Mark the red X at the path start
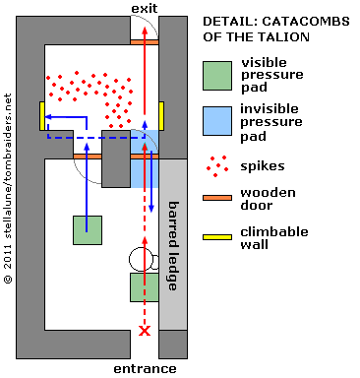pos(145,332)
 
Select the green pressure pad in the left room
pos(88,229)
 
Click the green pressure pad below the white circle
pos(145,287)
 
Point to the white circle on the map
pos(141,260)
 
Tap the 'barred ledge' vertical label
pos(172,248)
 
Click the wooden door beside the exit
pos(144,41)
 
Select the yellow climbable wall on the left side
pos(42,116)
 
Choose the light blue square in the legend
pos(218,121)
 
